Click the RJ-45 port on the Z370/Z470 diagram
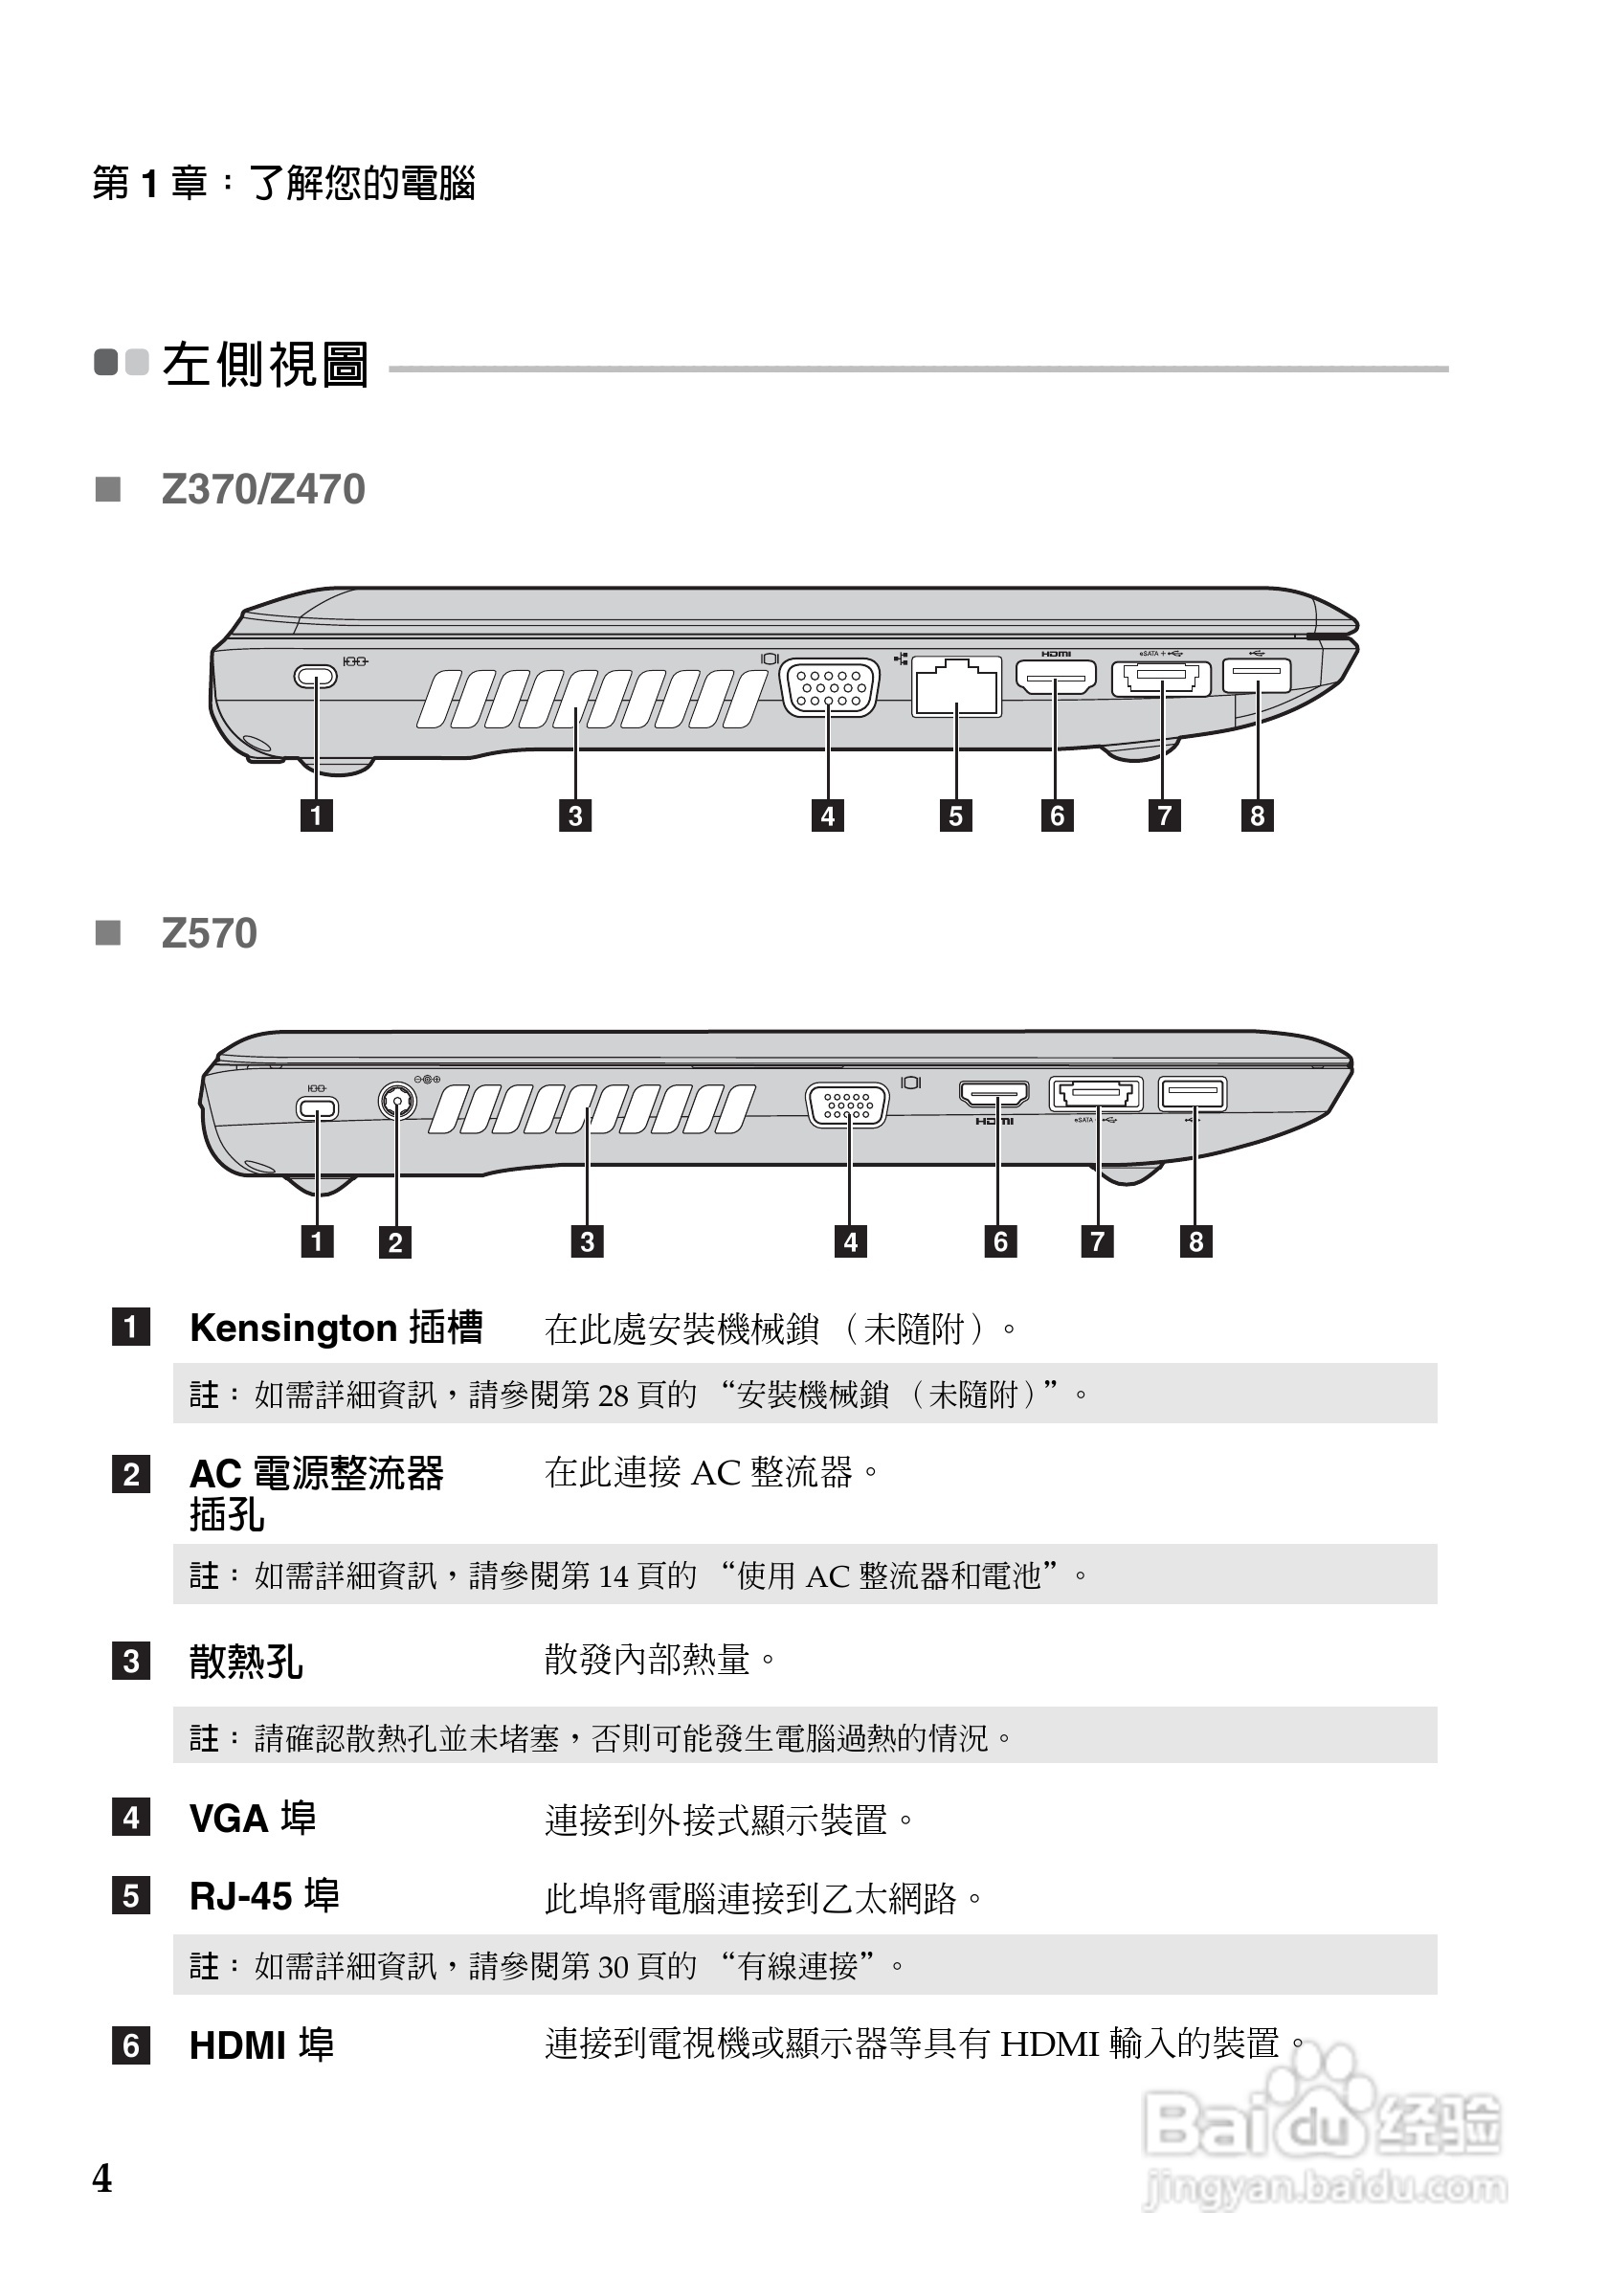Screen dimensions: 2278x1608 955,685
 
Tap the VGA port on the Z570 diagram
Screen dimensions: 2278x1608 847,1105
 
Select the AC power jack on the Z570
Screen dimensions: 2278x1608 398,1101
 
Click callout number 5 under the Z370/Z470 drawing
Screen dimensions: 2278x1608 955,815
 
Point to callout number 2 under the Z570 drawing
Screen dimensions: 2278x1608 394,1242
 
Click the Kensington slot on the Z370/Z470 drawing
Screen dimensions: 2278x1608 316,677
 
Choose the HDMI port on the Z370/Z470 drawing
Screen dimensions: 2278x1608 1056,678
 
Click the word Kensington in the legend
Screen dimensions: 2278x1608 293,1328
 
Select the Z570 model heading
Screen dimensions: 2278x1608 210,933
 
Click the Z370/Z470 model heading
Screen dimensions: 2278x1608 263,489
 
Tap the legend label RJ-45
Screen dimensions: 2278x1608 242,1896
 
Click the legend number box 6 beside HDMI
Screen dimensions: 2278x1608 131,2045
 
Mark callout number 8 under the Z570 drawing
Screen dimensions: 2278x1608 1195,1241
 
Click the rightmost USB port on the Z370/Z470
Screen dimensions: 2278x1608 1257,676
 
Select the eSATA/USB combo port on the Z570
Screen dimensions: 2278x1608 1096,1094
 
